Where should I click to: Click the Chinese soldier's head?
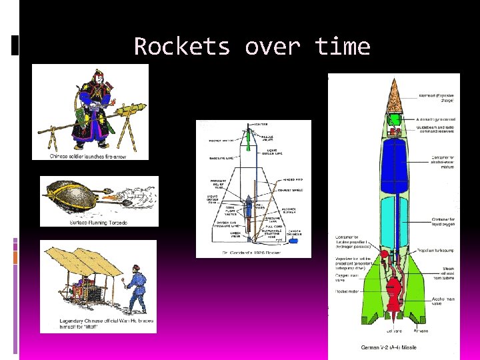click(x=99, y=78)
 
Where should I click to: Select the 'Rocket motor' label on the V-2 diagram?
click(x=346, y=291)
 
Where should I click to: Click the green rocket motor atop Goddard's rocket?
click(x=249, y=139)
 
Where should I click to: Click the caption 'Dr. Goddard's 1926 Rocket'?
click(x=253, y=253)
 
